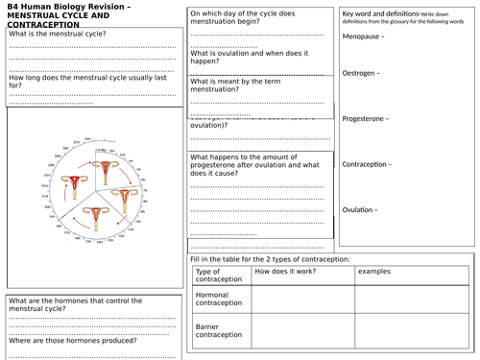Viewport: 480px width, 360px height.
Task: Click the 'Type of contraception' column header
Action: point(216,276)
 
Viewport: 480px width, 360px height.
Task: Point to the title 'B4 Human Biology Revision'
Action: point(67,9)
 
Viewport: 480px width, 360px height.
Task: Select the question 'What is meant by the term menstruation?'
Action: point(245,86)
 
